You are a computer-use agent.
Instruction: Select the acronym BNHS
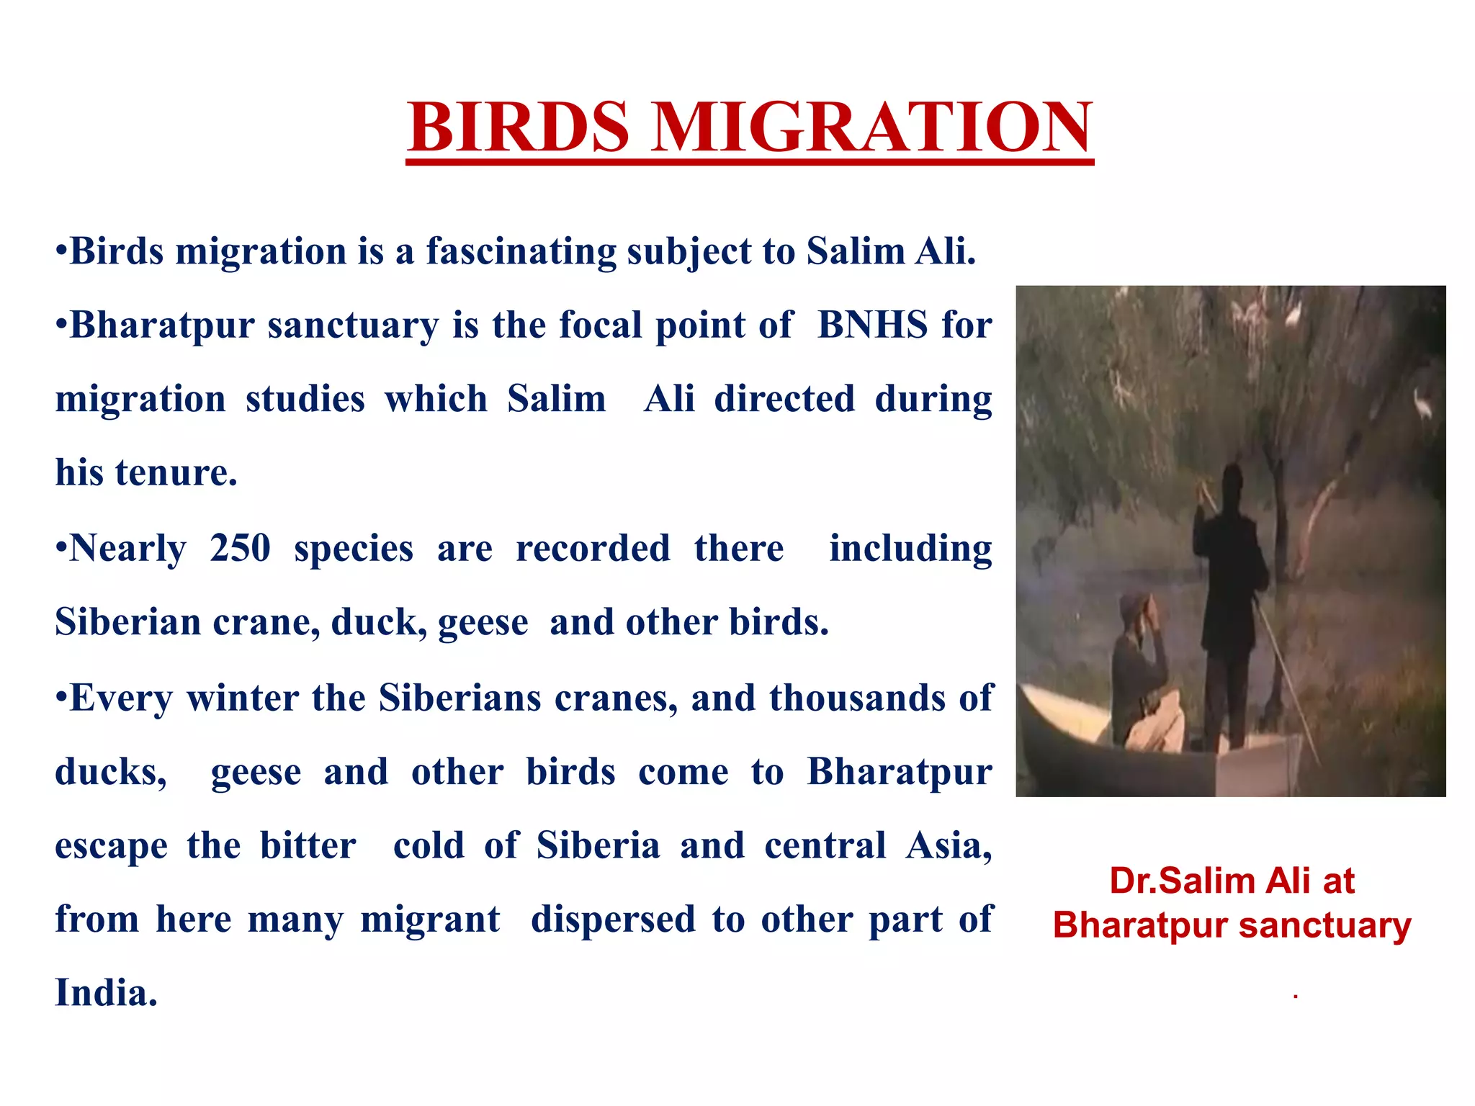(x=872, y=325)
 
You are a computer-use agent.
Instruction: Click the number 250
(x=240, y=549)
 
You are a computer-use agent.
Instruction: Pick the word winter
(x=242, y=698)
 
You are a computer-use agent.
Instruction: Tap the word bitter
(x=308, y=846)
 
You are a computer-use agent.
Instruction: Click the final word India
(x=106, y=994)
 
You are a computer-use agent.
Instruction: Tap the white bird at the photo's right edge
(x=1423, y=407)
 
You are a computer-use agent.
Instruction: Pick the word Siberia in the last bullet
(x=598, y=846)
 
